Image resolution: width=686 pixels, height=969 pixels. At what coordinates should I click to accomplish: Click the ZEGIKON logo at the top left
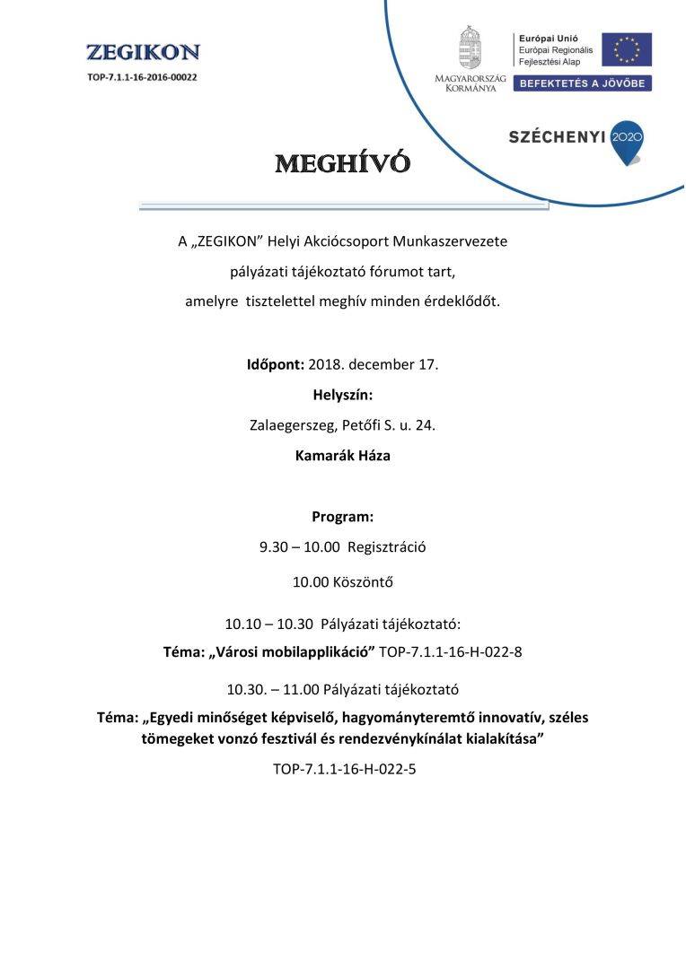143,53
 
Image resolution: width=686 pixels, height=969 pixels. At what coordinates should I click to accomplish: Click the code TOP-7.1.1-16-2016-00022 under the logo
143,77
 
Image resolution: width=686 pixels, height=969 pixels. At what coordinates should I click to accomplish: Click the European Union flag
626,49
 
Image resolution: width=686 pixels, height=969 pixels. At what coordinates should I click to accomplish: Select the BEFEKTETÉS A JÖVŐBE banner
582,83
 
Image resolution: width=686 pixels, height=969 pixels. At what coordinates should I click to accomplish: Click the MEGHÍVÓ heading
342,164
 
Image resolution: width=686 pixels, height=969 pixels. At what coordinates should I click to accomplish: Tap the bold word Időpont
275,365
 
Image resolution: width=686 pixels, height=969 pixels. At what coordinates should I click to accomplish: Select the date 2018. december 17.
373,365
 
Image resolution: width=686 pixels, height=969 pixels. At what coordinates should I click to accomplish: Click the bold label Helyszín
342,395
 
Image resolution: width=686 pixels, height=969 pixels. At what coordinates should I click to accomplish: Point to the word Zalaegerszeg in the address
291,425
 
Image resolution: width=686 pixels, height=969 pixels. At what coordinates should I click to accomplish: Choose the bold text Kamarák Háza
342,455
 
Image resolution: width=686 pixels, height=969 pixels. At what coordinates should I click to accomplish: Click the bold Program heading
342,517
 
